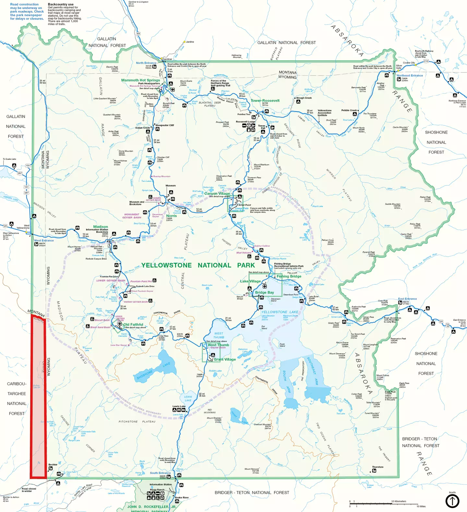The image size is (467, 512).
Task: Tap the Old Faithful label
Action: click(133, 324)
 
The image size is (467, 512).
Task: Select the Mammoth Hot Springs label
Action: click(140, 80)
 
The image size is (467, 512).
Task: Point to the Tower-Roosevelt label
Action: click(265, 101)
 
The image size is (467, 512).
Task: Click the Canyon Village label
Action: click(217, 194)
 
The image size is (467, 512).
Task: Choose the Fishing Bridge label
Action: click(289, 276)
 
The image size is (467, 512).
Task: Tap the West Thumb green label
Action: click(218, 345)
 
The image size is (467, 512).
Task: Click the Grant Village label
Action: click(225, 359)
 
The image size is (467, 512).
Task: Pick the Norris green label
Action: click(172, 216)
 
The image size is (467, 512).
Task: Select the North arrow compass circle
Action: click(452, 501)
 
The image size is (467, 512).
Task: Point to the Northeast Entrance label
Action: click(410, 75)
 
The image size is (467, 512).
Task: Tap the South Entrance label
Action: click(160, 473)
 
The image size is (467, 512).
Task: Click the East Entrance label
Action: click(407, 299)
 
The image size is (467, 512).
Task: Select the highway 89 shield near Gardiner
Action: click(138, 33)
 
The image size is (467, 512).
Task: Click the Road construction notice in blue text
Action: click(27, 11)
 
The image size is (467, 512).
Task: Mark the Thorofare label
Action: click(377, 467)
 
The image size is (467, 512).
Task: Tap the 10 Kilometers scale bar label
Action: click(399, 501)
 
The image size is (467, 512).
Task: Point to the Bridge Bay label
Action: click(264, 293)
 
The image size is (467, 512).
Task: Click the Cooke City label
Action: click(409, 63)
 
